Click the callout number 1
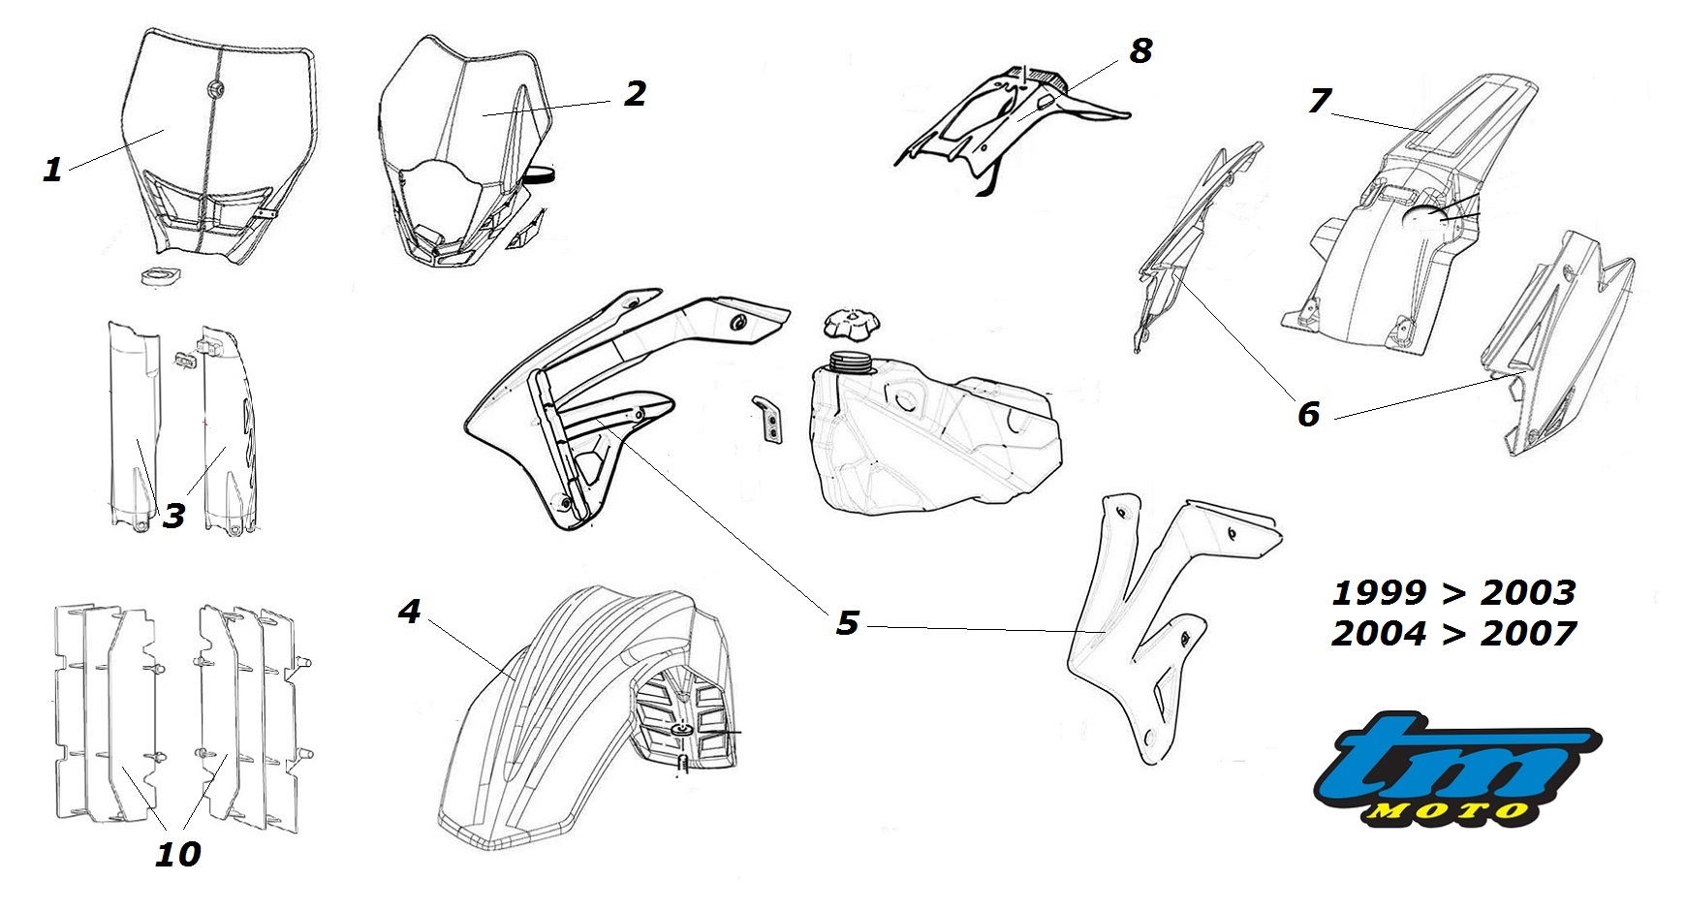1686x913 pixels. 52,170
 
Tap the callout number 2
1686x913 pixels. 635,94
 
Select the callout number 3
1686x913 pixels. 173,516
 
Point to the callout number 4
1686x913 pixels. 409,612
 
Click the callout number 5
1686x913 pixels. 847,622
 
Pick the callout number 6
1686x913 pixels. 1308,414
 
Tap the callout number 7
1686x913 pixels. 1319,100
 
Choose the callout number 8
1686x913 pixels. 1140,50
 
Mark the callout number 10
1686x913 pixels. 177,854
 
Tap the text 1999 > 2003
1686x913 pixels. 1453,592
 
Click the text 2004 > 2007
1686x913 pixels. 1453,634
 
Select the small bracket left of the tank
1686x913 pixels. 769,418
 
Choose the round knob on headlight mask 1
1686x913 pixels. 213,90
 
